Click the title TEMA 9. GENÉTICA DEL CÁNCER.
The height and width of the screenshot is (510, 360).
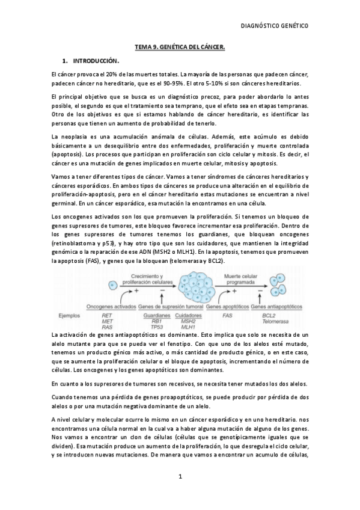tap(179, 46)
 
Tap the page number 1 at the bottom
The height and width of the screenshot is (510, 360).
tap(180, 476)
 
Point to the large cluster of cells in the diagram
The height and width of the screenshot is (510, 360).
tap(198, 281)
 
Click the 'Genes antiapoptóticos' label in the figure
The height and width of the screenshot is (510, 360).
tap(282, 306)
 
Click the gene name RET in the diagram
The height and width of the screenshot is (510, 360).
tap(107, 315)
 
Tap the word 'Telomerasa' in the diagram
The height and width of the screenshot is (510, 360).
tap(277, 321)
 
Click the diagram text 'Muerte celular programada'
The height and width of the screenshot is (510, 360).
tap(241, 275)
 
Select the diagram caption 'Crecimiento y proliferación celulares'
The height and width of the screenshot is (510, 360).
tap(144, 275)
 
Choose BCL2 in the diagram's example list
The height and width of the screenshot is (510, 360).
tap(270, 315)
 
